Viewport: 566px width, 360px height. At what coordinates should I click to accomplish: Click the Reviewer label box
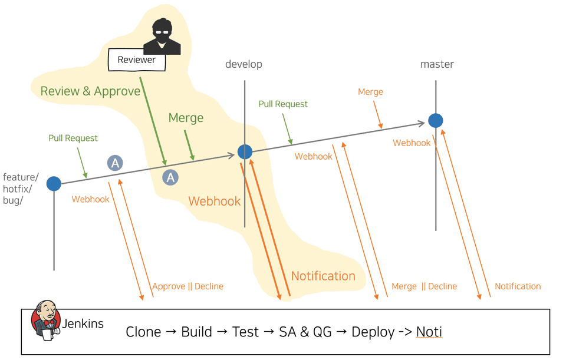137,60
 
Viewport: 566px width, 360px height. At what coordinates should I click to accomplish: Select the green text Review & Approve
90,91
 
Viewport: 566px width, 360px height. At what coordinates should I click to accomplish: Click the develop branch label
243,64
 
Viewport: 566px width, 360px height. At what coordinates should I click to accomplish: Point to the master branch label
437,64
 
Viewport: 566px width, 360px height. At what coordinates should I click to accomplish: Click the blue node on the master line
436,121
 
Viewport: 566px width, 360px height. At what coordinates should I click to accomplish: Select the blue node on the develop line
245,152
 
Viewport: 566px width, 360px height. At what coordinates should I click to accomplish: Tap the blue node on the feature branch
54,184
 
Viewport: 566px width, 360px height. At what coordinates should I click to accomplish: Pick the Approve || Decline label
188,286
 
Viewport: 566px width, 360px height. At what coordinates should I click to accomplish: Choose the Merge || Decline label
424,286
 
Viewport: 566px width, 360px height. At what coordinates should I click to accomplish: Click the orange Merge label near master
370,92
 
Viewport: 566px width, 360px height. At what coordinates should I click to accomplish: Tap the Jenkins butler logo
46,321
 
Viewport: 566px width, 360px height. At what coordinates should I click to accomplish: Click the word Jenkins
83,323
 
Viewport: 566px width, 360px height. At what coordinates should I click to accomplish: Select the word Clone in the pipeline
143,332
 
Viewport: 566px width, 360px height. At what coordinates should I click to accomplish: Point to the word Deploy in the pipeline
373,332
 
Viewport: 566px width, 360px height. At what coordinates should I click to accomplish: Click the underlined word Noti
429,332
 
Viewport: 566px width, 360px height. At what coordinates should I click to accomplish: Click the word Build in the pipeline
196,332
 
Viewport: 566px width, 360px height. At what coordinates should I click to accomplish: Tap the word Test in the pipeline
245,332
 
